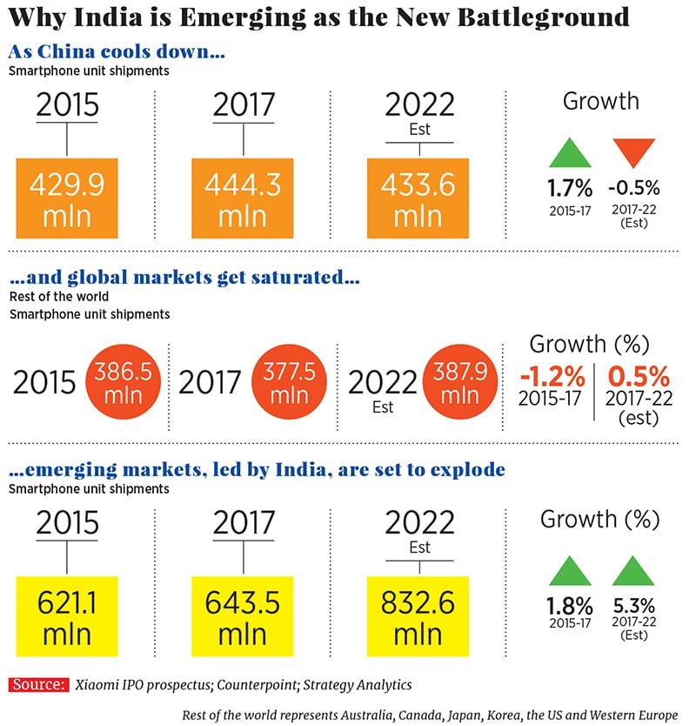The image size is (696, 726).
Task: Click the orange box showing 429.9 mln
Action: (67, 198)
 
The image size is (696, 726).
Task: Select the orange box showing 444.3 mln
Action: (243, 198)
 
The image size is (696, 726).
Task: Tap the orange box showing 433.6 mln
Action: (419, 198)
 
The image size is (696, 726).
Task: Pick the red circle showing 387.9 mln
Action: (460, 383)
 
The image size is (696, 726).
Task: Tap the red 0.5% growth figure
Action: (638, 378)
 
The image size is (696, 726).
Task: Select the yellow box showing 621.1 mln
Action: (67, 615)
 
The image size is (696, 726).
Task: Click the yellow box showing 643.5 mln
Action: (243, 615)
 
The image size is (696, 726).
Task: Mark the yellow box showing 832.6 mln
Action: (419, 615)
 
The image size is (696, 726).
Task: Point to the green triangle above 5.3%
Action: (633, 570)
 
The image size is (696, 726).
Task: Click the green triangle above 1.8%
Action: (570, 570)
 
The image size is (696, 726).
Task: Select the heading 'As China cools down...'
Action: (117, 52)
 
